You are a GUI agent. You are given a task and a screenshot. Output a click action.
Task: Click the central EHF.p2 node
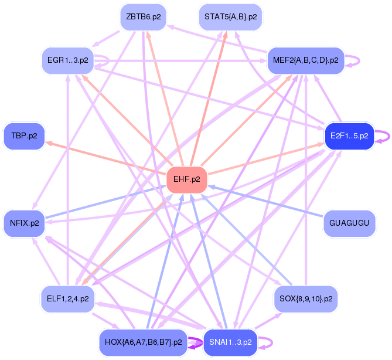pyautogui.click(x=187, y=179)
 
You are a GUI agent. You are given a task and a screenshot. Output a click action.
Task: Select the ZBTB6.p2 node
pyautogui.click(x=144, y=17)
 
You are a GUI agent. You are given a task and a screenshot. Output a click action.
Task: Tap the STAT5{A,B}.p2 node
pyautogui.click(x=230, y=17)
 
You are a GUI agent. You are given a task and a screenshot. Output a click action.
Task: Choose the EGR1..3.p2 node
pyautogui.click(x=68, y=60)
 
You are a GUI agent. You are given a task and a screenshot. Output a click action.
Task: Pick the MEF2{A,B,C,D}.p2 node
pyautogui.click(x=305, y=60)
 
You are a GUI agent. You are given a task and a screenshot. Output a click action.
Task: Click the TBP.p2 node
pyautogui.click(x=24, y=136)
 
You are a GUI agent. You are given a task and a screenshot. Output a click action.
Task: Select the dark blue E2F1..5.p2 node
pyautogui.click(x=349, y=136)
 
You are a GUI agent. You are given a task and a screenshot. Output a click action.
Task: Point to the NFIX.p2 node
pyautogui.click(x=24, y=223)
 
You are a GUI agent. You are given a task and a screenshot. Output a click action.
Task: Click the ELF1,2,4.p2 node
pyautogui.click(x=68, y=298)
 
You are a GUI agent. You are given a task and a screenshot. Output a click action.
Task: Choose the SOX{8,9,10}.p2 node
pyautogui.click(x=305, y=298)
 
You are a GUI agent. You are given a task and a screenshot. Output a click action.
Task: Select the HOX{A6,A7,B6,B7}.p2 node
pyautogui.click(x=144, y=342)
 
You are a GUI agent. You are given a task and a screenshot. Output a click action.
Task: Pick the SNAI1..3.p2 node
pyautogui.click(x=230, y=342)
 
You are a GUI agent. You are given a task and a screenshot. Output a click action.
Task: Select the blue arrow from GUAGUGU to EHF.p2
pyautogui.click(x=267, y=201)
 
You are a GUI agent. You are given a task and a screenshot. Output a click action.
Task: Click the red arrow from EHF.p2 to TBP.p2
pyautogui.click(x=105, y=158)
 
